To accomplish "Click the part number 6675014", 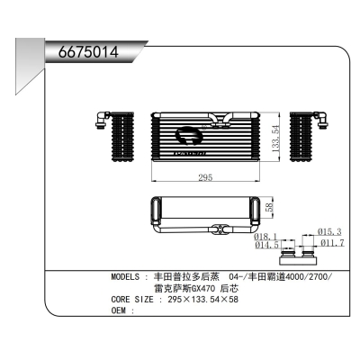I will click(x=88, y=50).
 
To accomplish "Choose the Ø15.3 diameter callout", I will click(x=331, y=232).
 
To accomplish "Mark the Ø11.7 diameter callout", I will click(x=331, y=243).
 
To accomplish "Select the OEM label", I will click(x=121, y=310).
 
